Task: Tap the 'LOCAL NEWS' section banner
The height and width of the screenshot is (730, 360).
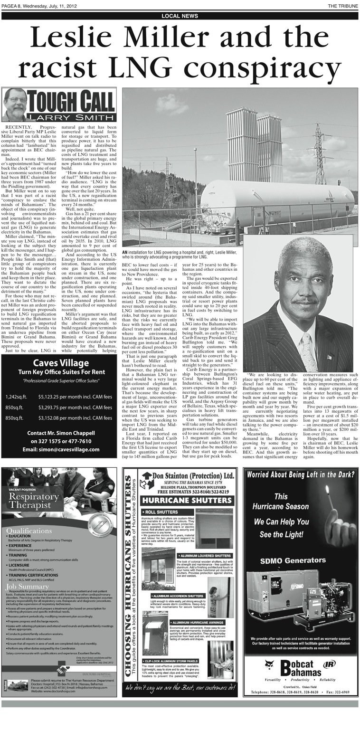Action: (x=180, y=16)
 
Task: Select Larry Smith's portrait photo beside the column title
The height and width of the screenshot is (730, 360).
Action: (x=15, y=105)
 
